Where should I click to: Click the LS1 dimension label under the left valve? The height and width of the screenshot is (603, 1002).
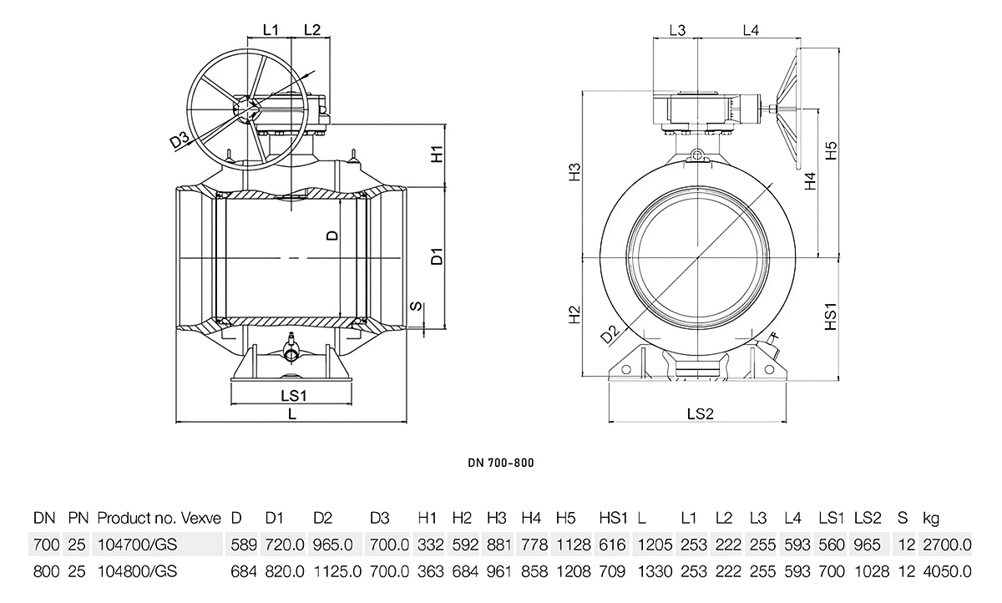[293, 394]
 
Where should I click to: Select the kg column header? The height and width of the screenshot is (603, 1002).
[930, 519]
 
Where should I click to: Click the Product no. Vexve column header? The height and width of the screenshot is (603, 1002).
[159, 519]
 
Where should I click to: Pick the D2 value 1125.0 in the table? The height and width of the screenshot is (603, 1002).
[336, 572]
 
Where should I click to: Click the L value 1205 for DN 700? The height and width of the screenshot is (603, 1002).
[655, 545]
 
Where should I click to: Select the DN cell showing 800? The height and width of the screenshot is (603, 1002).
[45, 572]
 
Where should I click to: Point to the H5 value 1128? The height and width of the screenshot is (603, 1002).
[572, 545]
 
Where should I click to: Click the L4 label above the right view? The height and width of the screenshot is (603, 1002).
[750, 31]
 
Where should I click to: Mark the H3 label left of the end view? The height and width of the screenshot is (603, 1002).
[574, 174]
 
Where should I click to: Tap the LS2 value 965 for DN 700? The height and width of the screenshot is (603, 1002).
[867, 545]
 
